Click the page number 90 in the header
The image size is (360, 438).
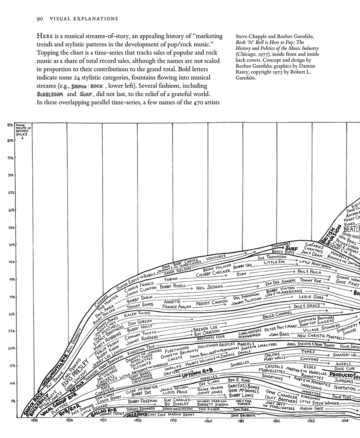click(40, 19)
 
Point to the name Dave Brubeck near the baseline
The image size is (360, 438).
click(243, 415)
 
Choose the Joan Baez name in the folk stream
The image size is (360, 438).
click(279, 334)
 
